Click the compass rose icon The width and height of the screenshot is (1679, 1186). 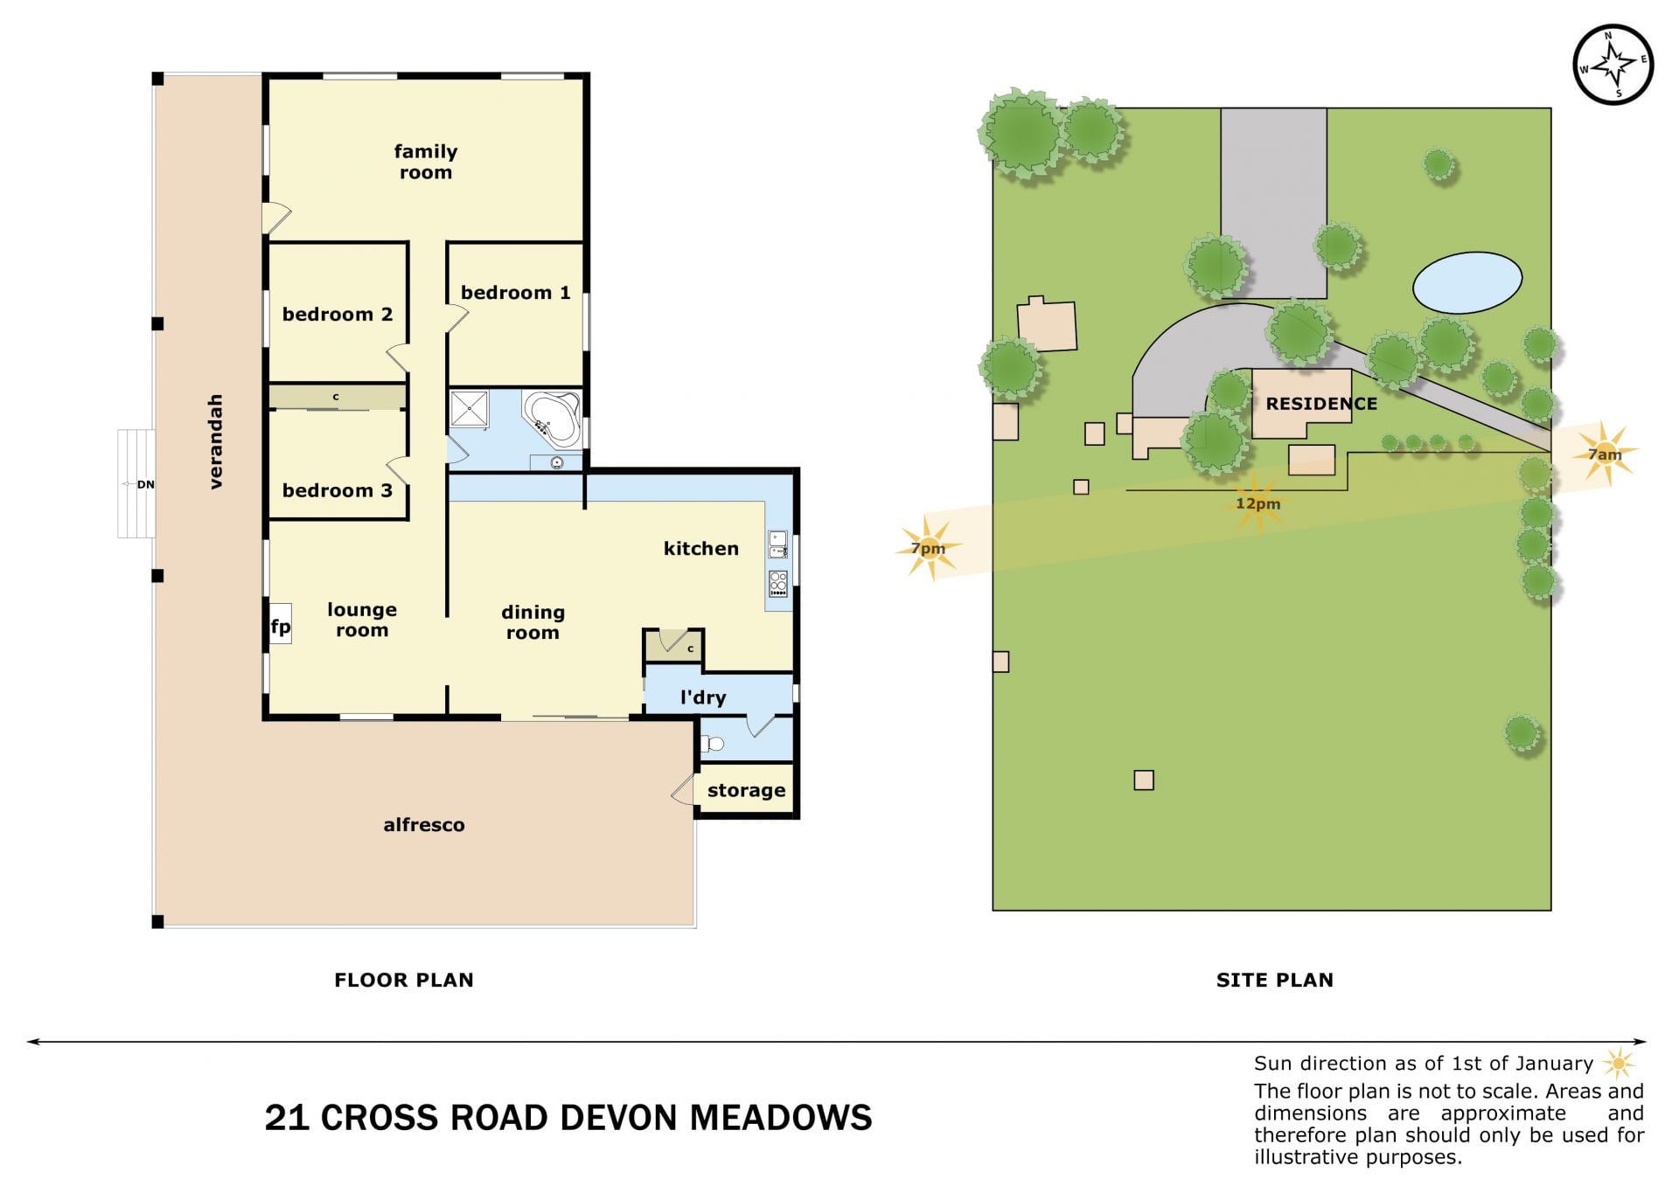point(1613,66)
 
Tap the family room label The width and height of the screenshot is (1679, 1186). point(426,162)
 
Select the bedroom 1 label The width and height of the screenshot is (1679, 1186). point(515,293)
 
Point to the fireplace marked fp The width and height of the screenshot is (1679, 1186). point(280,625)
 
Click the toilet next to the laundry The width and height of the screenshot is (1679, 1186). point(713,745)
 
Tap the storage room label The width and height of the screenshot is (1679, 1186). point(746,790)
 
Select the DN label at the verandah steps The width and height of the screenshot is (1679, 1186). point(145,484)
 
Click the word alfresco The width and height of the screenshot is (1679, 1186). point(424,824)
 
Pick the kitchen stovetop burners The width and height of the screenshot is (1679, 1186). point(778,583)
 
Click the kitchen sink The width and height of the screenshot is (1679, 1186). point(777,544)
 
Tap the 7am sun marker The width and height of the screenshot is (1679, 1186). point(1605,454)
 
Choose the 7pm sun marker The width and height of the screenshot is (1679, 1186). point(929,548)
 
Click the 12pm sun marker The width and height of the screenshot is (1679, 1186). point(1258,503)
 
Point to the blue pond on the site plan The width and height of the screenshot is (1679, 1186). point(1467,282)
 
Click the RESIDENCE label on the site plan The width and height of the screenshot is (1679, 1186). point(1321,404)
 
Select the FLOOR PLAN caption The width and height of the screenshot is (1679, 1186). point(404,980)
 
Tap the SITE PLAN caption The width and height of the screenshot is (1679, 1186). point(1275,980)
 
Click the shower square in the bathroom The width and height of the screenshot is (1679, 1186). point(470,409)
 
